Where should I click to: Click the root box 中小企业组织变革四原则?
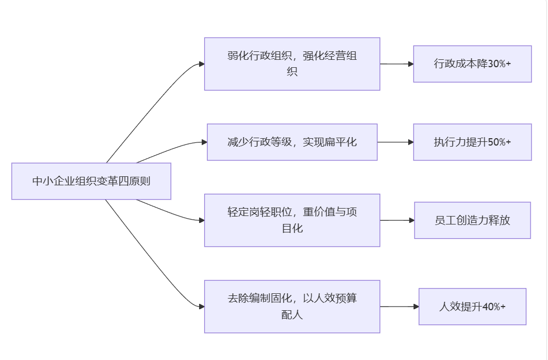tap(91, 181)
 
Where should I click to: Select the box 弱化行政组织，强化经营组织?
tap(292, 64)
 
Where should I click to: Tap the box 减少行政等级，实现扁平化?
tap(292, 142)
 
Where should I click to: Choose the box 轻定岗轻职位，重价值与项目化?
tap(292, 220)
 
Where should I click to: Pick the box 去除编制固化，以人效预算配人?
tap(292, 306)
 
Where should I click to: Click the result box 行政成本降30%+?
tap(472, 64)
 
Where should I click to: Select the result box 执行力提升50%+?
tap(472, 142)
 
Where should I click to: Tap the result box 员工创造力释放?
tap(472, 220)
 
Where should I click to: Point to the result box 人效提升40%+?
tap(472, 307)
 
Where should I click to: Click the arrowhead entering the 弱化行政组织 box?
tap(202, 64)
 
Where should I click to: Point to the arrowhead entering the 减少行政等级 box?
tap(204, 142)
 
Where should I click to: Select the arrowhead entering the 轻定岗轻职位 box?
tap(202, 220)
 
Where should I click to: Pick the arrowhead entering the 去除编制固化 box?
tap(202, 307)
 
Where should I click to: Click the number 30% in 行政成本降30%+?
tap(496, 64)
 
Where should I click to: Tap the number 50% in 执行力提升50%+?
tap(496, 142)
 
